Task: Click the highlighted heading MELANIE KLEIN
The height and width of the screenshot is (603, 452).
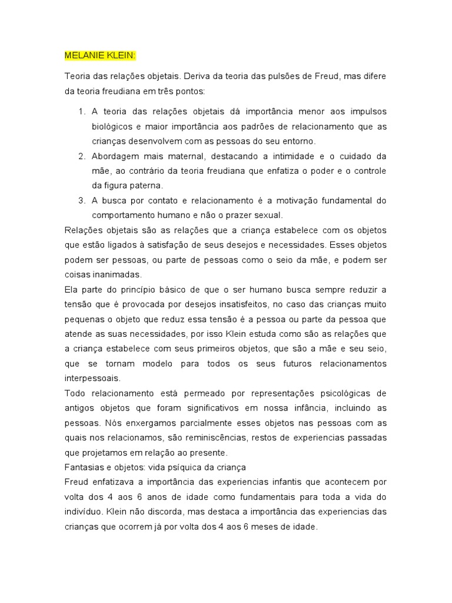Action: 100,56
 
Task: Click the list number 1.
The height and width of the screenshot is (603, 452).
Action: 81,111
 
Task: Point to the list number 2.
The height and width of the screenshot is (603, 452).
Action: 81,156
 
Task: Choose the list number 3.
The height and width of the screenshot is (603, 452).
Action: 81,201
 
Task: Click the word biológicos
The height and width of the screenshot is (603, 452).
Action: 112,127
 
